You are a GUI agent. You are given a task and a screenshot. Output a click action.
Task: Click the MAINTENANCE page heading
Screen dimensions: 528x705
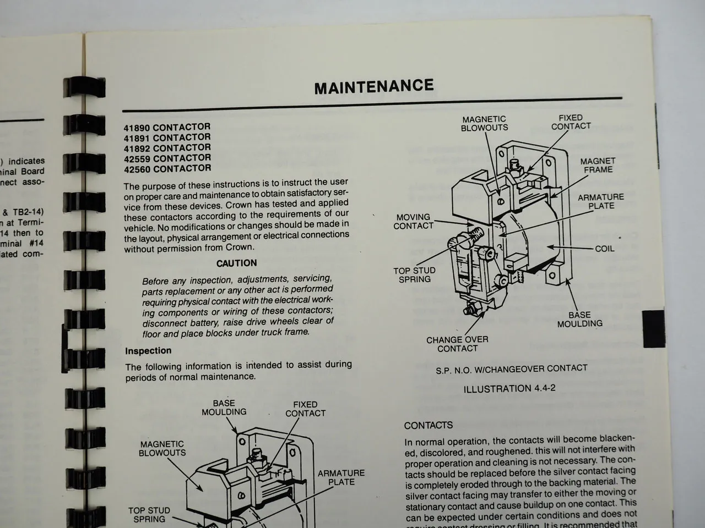[x=374, y=86]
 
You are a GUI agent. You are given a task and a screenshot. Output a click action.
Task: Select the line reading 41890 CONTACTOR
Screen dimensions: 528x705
[x=167, y=127]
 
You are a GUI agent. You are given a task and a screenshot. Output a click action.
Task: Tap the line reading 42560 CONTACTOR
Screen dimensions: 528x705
[x=167, y=169]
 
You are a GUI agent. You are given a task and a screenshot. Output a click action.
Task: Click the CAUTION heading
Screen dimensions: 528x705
[x=236, y=263]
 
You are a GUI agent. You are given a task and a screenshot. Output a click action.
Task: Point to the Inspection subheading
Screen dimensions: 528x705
[x=148, y=351]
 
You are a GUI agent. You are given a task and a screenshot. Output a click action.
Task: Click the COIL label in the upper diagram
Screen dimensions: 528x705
[x=604, y=249]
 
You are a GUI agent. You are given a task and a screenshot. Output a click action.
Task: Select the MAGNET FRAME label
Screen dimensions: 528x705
[x=598, y=166]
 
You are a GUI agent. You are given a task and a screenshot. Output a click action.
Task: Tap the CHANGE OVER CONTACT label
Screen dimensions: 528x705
[x=457, y=344]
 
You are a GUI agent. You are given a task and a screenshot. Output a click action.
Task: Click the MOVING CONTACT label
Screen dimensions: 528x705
[x=414, y=222]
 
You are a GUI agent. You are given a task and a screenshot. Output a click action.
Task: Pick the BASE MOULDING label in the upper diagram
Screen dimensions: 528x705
[x=579, y=320]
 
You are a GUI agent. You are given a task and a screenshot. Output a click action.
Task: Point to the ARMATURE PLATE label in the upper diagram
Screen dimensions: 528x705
[x=600, y=201]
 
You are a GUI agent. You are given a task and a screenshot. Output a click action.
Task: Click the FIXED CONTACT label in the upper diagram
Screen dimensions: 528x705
[x=571, y=122]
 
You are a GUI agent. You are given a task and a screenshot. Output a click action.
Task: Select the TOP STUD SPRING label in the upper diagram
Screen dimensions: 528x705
[x=414, y=275]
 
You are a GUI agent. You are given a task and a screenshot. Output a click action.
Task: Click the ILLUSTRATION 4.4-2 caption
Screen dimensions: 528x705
[x=509, y=389]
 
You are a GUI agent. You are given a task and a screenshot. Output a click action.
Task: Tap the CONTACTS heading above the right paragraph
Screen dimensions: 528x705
[x=429, y=425]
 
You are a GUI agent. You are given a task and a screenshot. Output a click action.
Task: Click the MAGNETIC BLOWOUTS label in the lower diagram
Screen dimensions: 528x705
[x=162, y=449]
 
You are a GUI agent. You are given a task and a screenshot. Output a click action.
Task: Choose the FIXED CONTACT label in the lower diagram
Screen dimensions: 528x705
[x=305, y=409]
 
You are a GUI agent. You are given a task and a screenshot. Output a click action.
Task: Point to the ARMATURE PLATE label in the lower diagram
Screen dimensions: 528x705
[x=341, y=477]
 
